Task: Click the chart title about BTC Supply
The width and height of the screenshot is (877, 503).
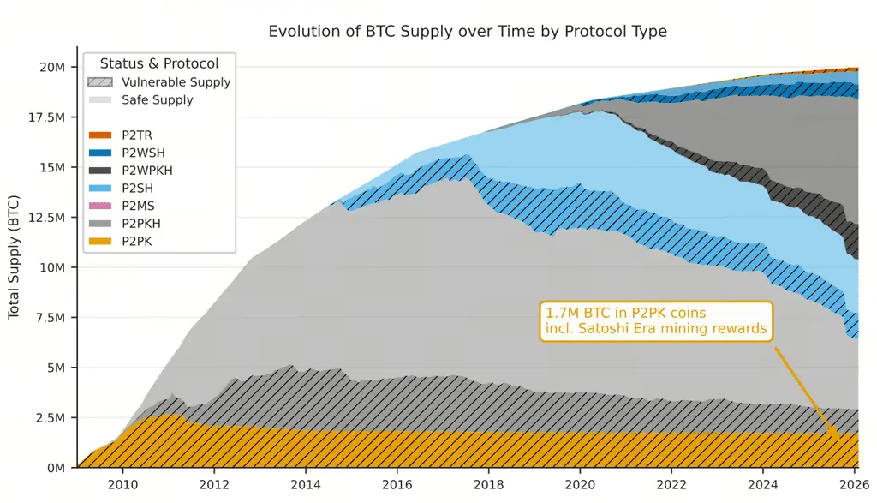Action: tap(467, 32)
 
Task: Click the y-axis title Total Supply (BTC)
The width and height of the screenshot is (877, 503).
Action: tap(14, 266)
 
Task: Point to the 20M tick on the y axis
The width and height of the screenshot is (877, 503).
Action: tap(52, 67)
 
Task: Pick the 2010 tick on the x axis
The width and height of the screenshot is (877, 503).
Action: tap(122, 484)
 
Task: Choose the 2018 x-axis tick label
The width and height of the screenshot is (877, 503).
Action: tap(488, 484)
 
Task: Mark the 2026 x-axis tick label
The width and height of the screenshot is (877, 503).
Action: tap(854, 484)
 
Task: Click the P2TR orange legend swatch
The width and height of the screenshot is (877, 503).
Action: tap(99, 135)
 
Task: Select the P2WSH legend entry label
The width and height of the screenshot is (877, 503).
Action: tap(142, 153)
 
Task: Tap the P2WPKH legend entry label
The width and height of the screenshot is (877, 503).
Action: tap(146, 171)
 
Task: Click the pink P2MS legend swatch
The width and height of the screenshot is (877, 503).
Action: tap(99, 206)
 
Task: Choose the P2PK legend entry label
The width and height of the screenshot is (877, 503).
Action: tap(138, 241)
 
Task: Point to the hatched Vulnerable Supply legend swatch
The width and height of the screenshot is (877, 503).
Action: tap(99, 82)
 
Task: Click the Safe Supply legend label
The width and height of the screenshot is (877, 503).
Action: tap(158, 100)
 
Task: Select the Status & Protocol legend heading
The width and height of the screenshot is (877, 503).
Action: tap(159, 63)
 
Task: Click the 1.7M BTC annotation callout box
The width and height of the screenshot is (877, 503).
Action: tap(656, 321)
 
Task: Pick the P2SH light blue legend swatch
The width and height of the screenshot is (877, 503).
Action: tap(99, 188)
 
